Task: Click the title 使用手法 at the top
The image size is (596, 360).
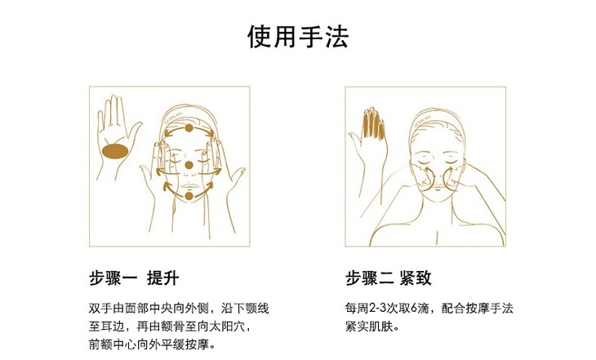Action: (298, 37)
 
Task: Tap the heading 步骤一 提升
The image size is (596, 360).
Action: (134, 278)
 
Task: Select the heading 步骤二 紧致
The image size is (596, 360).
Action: (389, 278)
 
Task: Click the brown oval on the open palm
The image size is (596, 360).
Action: (116, 152)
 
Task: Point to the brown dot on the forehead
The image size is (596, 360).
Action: (189, 128)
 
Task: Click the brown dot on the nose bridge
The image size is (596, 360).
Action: (189, 165)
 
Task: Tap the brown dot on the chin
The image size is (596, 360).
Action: (189, 196)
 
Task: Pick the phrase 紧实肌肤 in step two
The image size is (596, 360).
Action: (370, 327)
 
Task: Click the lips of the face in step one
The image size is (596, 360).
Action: (189, 186)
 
